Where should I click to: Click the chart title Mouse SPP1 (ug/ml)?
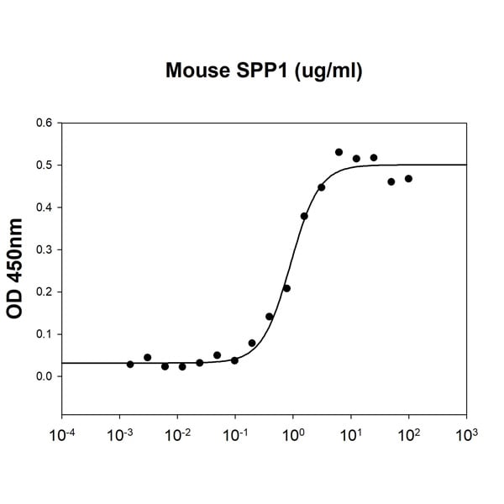point(264,72)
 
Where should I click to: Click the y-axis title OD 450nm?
point(15,269)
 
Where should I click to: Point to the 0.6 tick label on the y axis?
point(43,123)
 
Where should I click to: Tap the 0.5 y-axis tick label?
point(43,165)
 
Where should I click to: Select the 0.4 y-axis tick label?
point(43,207)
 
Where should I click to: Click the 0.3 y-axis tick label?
point(43,249)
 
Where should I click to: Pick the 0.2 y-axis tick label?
point(43,291)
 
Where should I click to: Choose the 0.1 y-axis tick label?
point(43,333)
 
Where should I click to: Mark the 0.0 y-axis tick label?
point(43,376)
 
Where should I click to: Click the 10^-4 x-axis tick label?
point(62,438)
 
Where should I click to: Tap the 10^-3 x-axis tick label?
point(120,438)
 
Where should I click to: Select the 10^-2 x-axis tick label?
point(178,438)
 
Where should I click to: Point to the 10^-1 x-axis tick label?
point(236,438)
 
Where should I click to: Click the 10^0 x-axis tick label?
point(294,438)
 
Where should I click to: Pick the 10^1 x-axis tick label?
point(351,438)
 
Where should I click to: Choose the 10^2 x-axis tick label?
point(409,438)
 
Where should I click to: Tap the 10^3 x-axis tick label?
point(467,438)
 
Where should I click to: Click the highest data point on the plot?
point(339,152)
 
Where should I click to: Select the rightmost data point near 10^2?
point(408,178)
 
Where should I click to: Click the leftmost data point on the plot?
point(130,364)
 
